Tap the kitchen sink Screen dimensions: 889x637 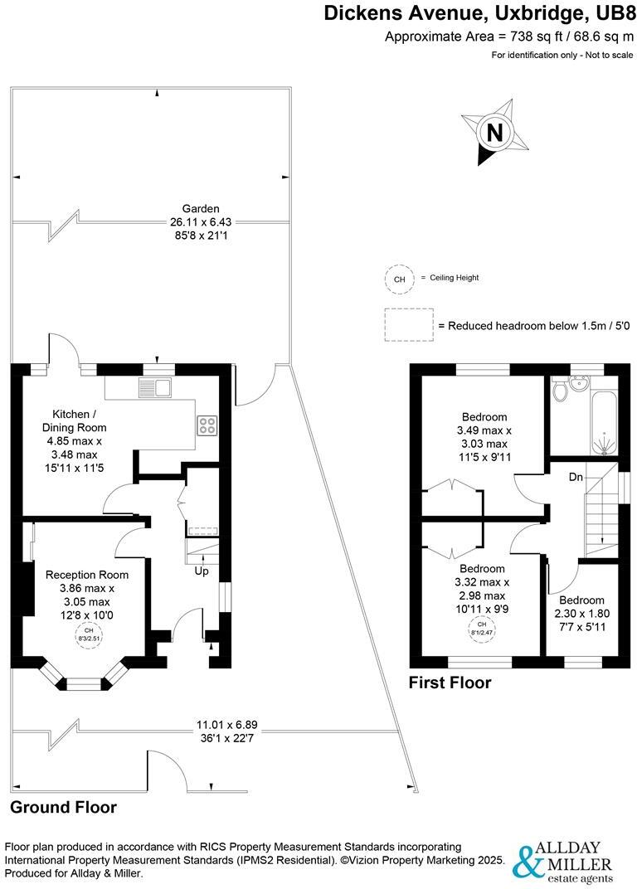pyautogui.click(x=154, y=386)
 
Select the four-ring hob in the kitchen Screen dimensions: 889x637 pyautogui.click(x=207, y=425)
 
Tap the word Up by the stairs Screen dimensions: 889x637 pyautogui.click(x=202, y=571)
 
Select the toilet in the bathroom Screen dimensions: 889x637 pyautogui.click(x=562, y=389)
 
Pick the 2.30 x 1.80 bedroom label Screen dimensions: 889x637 pyautogui.click(x=581, y=614)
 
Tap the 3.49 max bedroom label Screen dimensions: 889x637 pyautogui.click(x=484, y=430)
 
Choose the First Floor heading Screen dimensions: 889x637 pyautogui.click(x=450, y=683)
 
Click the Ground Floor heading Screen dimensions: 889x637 pyautogui.click(x=63, y=807)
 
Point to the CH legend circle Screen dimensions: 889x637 pyautogui.click(x=399, y=279)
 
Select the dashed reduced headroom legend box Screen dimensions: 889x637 pyautogui.click(x=409, y=325)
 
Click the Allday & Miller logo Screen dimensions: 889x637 pyautogui.click(x=565, y=862)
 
